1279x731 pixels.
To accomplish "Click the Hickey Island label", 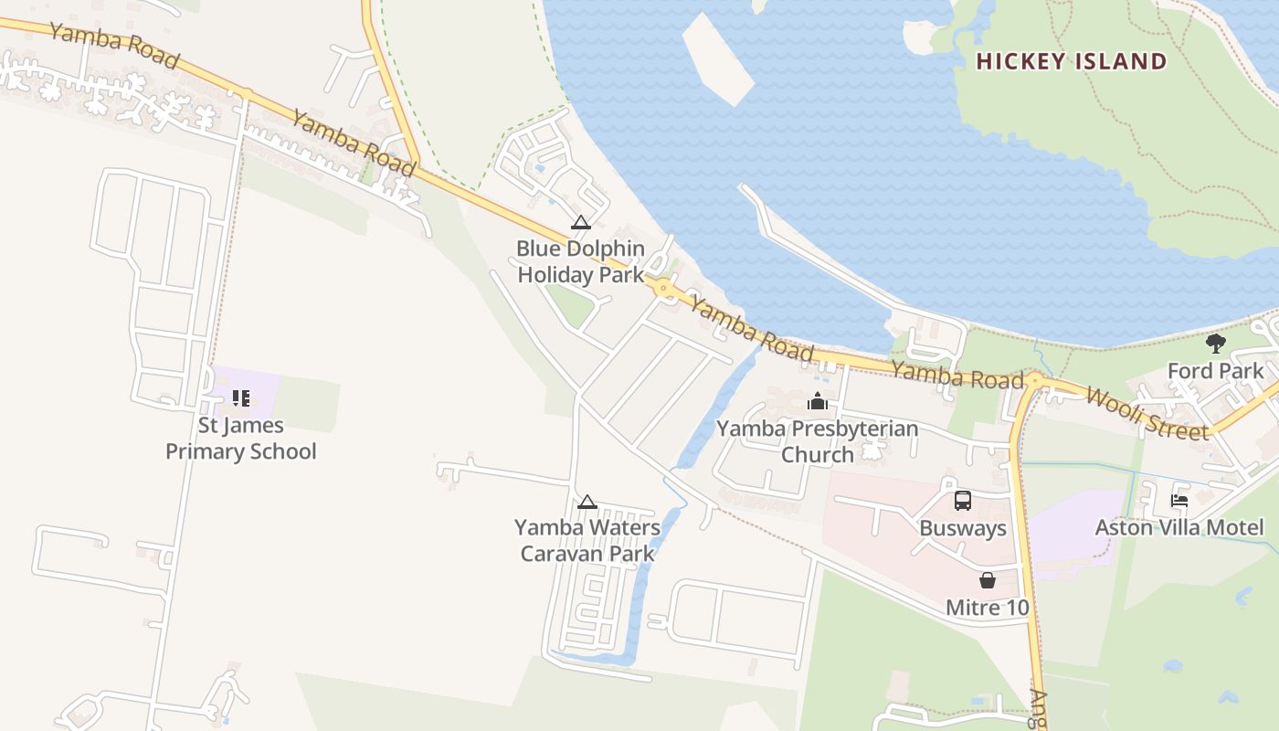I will (1071, 62).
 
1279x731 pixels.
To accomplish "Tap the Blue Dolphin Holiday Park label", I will (580, 261).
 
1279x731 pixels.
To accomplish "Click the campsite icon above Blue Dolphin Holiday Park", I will (580, 222).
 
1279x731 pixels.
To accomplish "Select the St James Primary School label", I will (240, 439).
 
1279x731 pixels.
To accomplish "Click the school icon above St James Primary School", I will (240, 397).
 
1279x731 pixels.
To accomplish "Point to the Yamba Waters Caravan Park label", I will (587, 540).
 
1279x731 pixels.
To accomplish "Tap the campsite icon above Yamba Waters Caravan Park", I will (587, 502).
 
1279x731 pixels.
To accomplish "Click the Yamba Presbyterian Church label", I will (817, 441).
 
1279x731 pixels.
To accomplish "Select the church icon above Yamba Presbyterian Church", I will (817, 401).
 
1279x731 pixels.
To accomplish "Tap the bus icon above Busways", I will (962, 501).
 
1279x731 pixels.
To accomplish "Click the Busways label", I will (962, 528).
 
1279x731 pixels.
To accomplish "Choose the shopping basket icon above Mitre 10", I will (987, 580).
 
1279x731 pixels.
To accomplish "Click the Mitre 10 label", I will (987, 608).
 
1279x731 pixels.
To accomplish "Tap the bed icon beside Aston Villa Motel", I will (1179, 501).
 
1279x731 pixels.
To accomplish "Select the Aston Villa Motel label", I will (1179, 527).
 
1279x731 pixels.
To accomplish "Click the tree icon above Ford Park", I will (1215, 344).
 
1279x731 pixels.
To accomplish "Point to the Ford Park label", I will (1215, 371).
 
